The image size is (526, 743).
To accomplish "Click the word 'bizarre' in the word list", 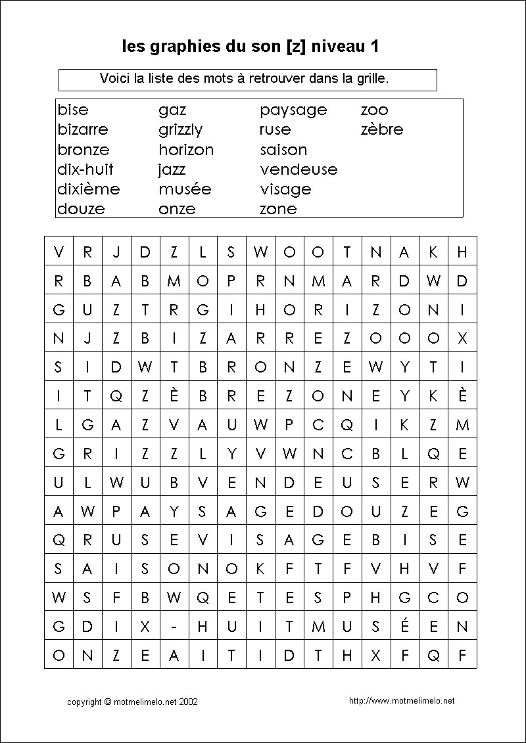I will coord(83,129).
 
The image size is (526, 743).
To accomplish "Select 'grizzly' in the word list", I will coord(180,130).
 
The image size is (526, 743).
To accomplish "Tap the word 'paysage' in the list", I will coord(293,110).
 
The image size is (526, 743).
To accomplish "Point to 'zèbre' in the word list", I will coord(382,129).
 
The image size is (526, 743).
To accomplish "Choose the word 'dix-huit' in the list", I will coord(85,169).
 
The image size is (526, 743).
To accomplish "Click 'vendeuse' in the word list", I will coord(299,169).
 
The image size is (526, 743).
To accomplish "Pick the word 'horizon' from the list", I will coord(186,149).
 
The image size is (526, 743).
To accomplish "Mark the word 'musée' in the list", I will coord(185,189).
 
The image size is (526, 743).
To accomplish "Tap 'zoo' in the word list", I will coord(375,110).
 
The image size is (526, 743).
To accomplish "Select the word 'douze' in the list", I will coord(81,209).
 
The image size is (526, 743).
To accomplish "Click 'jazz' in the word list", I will coord(172,169).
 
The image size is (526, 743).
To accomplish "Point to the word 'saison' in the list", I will coord(283,149).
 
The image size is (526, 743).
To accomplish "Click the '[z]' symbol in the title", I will coord(296,47).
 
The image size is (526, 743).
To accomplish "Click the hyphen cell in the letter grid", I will coord(174,627).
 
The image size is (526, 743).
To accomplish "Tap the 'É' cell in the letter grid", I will coord(404,627).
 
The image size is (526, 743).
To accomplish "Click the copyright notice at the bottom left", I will coord(132,702).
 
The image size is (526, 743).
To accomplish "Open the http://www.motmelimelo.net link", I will coord(402,701).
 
